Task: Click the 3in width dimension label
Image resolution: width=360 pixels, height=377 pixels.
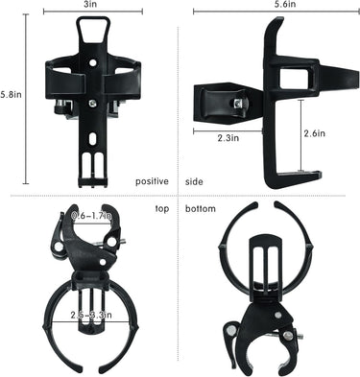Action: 91,5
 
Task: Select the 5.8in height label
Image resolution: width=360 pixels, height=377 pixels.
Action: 12,95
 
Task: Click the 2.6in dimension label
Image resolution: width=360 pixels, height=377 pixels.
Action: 313,134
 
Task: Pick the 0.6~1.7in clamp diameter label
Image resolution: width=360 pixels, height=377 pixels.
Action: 92,217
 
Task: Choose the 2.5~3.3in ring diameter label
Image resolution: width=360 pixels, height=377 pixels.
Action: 93,314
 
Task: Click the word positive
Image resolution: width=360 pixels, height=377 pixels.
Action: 152,181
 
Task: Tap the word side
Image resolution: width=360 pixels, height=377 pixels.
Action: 193,181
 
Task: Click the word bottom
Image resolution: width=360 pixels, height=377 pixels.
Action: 200,208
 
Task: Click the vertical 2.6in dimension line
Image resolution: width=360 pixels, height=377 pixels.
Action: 298,135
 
